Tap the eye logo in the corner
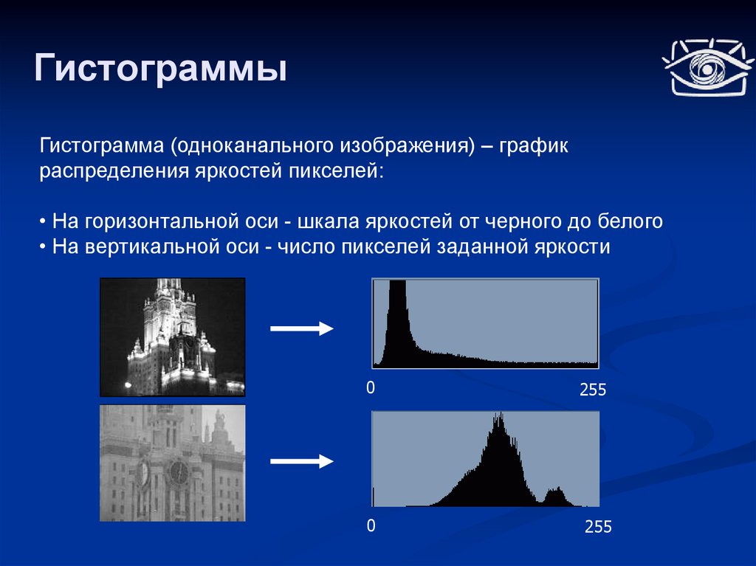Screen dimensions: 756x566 tap(707, 67)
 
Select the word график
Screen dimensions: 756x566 tap(534, 146)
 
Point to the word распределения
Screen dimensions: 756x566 tap(114, 172)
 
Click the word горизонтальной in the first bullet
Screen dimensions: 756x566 tap(182, 222)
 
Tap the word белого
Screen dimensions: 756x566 tap(630, 221)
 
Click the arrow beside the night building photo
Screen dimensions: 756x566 tap(302, 329)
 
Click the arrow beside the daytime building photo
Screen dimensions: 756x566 tap(302, 461)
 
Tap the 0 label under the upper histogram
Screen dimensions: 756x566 tap(371, 387)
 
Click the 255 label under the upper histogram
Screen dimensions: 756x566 tap(593, 390)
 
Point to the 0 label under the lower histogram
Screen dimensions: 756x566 tap(371, 525)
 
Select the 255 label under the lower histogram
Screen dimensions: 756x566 tap(598, 526)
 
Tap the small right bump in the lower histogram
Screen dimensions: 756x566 tap(557, 497)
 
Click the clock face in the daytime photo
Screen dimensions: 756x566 tap(179, 472)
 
